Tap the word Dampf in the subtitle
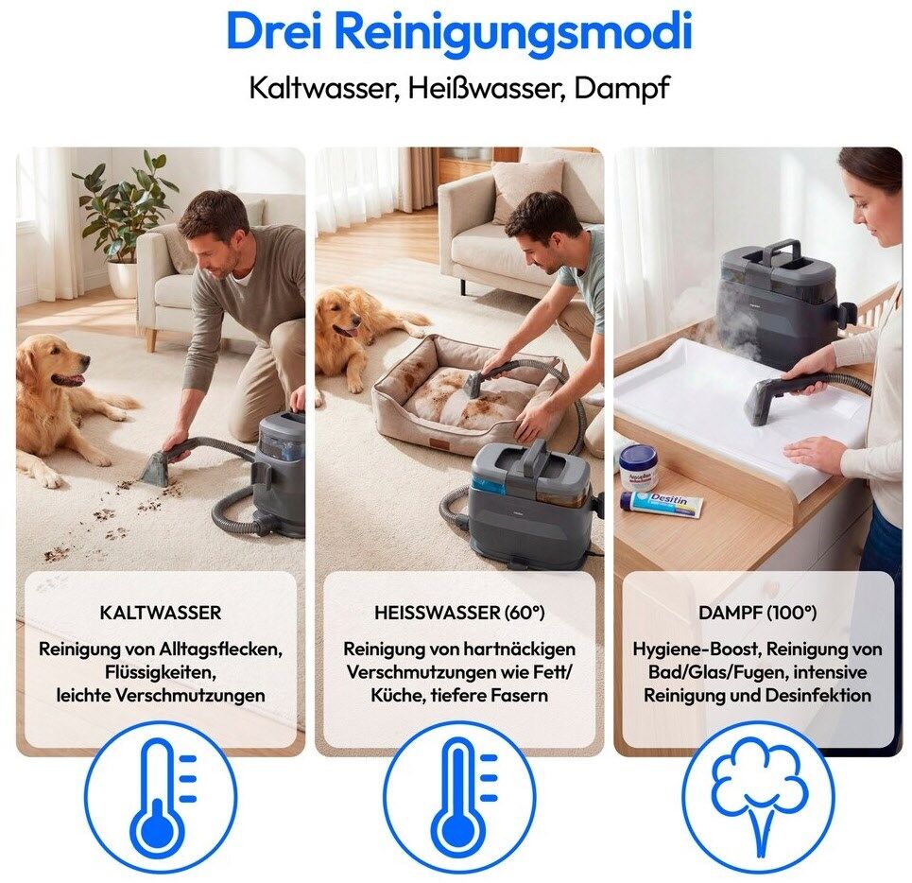point(622,89)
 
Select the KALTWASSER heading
point(161,613)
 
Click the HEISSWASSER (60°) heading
point(459,613)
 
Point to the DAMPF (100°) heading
point(757,613)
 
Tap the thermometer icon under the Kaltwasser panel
point(161,798)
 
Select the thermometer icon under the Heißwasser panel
point(460,798)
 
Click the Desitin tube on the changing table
point(662,504)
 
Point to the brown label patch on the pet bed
point(435,446)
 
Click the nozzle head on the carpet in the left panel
point(158,466)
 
